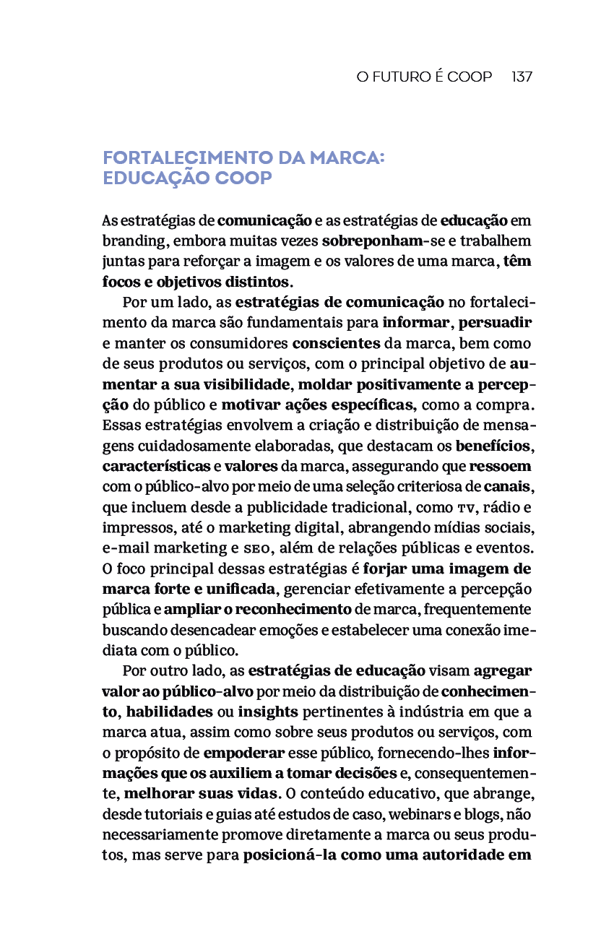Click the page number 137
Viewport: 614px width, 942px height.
pyautogui.click(x=522, y=77)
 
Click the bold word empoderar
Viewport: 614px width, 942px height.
pyautogui.click(x=244, y=753)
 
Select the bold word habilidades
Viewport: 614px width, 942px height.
pyautogui.click(x=169, y=712)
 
